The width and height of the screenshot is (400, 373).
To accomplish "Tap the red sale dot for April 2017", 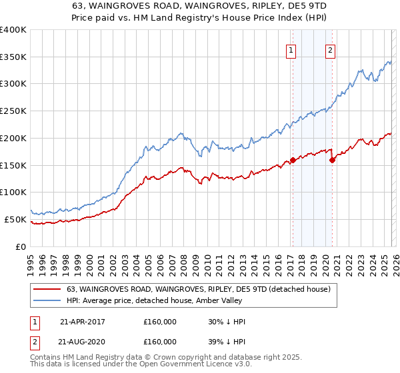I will (293, 160).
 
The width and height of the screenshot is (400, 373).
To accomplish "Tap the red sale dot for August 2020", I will (332, 160).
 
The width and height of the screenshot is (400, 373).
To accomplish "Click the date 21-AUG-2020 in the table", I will (83, 342).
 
